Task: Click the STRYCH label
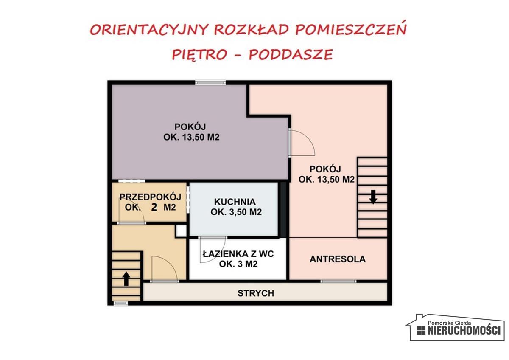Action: point(256,293)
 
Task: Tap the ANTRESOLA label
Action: point(338,259)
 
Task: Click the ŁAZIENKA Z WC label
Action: point(238,254)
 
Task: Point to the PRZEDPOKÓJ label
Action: point(151,197)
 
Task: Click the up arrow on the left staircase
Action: point(126,278)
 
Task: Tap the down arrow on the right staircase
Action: point(373,197)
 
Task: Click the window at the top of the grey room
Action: point(210,82)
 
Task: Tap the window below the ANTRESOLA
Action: point(338,281)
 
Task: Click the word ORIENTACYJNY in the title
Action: point(149,30)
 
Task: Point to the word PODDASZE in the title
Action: point(291,55)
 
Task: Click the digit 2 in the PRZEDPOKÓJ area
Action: point(154,207)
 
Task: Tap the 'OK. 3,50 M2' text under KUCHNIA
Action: point(236,212)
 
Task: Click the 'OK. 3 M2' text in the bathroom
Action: point(239,264)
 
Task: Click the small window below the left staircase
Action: point(121,303)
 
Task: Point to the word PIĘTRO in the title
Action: point(199,55)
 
